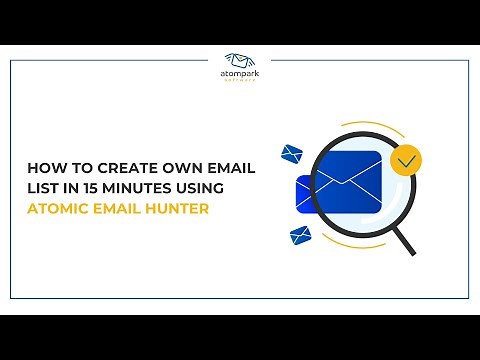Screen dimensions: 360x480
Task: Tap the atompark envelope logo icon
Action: [240, 61]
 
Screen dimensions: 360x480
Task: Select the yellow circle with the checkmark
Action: [405, 160]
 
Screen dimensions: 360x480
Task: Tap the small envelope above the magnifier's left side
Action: [292, 153]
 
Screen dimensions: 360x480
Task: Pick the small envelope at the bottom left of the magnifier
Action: [300, 236]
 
